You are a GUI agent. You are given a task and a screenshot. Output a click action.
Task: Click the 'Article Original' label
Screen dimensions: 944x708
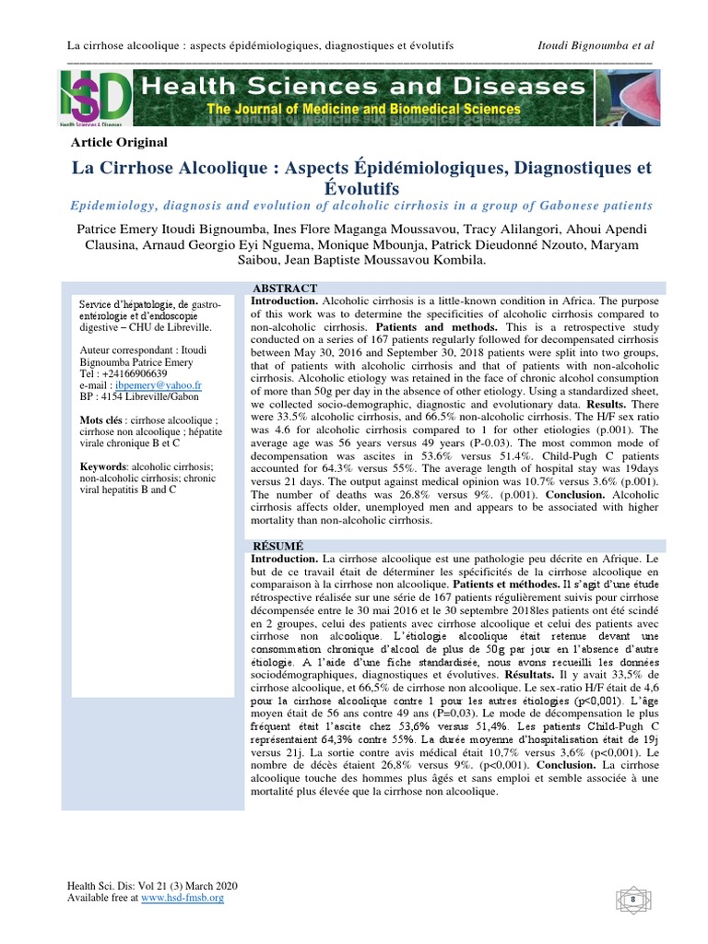(119, 142)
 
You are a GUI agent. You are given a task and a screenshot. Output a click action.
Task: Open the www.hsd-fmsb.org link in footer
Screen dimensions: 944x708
(183, 897)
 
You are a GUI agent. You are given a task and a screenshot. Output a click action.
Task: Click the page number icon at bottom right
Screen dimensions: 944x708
(633, 897)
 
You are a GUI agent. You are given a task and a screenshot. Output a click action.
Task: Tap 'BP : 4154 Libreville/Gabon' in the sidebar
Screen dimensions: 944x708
(140, 397)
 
